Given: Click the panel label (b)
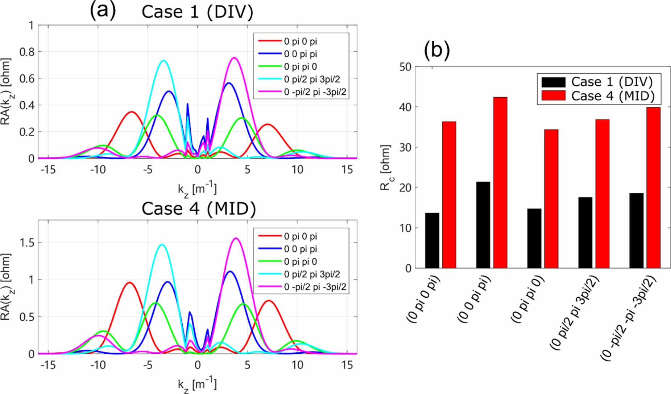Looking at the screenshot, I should [x=436, y=50].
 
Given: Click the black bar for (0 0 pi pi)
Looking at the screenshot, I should [x=483, y=225].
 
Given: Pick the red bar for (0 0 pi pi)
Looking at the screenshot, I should [x=500, y=183].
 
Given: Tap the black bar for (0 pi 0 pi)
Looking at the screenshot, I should [x=432, y=240].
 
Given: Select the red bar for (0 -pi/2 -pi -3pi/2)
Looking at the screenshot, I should [x=654, y=188].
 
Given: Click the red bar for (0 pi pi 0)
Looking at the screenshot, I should [x=551, y=199].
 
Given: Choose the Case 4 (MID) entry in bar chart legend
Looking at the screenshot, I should [x=613, y=96].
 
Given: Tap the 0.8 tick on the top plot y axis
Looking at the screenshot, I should [x=26, y=52].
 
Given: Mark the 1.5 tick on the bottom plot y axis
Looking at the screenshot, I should [x=26, y=243].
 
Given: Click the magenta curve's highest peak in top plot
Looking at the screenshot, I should [x=235, y=57].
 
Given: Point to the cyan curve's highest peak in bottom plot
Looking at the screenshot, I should [x=162, y=244].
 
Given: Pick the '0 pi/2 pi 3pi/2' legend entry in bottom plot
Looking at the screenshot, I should [x=312, y=274].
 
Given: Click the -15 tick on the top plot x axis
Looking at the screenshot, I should [x=48, y=169].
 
